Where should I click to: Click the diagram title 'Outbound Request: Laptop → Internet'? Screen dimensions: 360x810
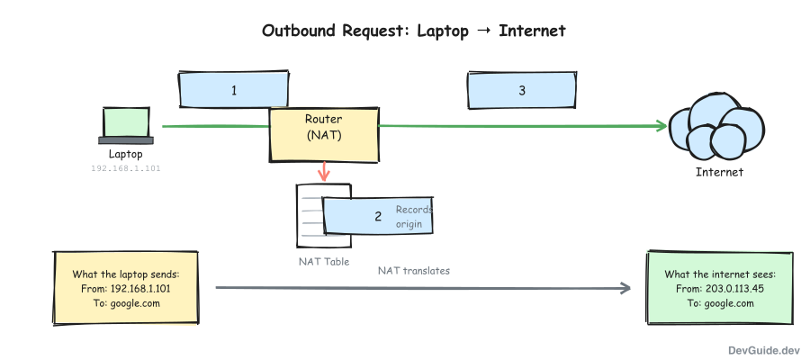pos(413,31)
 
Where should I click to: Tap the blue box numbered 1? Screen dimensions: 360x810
pos(233,90)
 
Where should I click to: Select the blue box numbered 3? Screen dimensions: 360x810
pos(521,90)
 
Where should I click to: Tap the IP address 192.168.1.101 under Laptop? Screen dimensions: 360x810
pos(126,168)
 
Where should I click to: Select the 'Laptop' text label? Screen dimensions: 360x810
pos(126,154)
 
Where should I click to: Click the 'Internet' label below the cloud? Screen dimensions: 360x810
pos(719,172)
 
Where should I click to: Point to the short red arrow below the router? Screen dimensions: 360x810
pos(323,169)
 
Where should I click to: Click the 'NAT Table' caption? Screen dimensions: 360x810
pos(323,262)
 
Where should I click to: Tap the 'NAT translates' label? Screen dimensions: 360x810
pos(413,270)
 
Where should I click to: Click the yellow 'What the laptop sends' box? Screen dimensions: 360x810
pos(125,288)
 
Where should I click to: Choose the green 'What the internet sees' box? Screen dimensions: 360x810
pos(719,288)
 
